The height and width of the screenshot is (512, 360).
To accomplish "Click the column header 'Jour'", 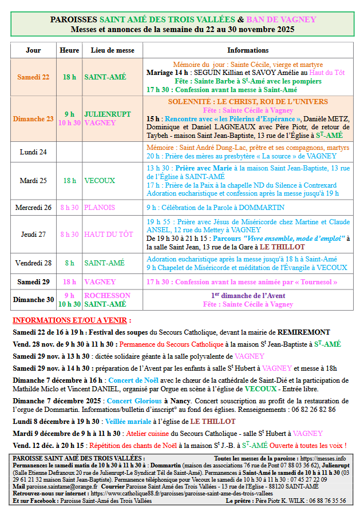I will [x=33, y=50].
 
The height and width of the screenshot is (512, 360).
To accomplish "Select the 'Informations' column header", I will [x=248, y=50].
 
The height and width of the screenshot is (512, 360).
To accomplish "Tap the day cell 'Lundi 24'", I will [x=33, y=152].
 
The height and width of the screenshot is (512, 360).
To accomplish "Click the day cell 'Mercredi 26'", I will [x=33, y=207].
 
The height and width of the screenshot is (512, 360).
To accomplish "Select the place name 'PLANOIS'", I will [x=100, y=207].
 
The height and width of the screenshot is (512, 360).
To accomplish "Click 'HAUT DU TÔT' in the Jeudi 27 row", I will [x=108, y=235].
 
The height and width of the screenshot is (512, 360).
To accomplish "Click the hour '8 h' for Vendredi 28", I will [x=69, y=263].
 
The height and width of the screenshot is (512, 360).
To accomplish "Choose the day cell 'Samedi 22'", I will [x=33, y=77].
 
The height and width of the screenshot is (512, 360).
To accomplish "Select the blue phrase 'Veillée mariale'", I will [x=129, y=421].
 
